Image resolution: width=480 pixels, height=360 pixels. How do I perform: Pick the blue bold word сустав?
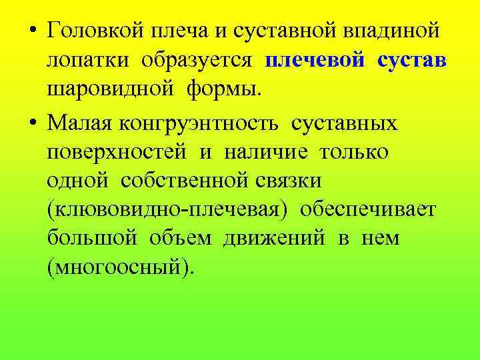411,61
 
